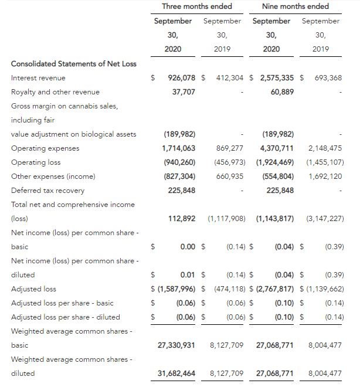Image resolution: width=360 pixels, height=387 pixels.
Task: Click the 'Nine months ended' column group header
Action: coord(295,6)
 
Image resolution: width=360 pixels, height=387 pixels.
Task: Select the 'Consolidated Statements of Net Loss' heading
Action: coord(73,64)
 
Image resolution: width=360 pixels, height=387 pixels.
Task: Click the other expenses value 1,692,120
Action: coord(324,176)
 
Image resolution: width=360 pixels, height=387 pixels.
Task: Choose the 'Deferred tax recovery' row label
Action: coord(47,191)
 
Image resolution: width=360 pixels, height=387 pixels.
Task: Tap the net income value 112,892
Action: coord(181,219)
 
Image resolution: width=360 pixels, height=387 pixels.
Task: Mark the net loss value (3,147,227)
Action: coord(324,219)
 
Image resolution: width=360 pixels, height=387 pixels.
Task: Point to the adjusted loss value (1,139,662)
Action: coord(324,289)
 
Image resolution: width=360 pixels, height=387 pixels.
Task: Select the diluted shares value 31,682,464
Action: coord(176,374)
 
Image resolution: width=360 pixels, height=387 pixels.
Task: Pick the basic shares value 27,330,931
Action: coord(176,345)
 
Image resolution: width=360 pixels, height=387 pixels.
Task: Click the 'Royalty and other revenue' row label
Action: coord(55,92)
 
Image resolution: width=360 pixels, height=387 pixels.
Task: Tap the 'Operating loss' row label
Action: coord(36,162)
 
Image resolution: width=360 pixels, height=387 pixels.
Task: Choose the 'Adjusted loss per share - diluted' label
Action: coord(65,317)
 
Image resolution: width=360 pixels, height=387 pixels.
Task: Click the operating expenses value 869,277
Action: coord(230,148)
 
